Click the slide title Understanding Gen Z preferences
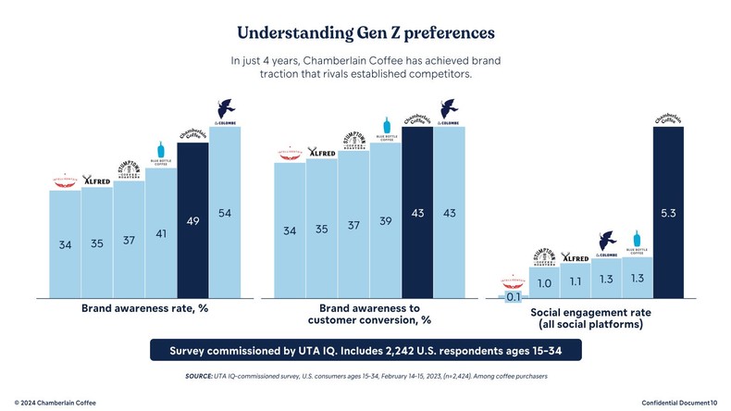365,32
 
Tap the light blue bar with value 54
225,212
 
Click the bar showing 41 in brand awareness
161,233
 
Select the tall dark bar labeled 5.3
669,212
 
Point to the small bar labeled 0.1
512,296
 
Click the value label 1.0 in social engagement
544,282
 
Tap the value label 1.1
576,280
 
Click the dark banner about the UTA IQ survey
365,351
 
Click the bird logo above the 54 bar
225,109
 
